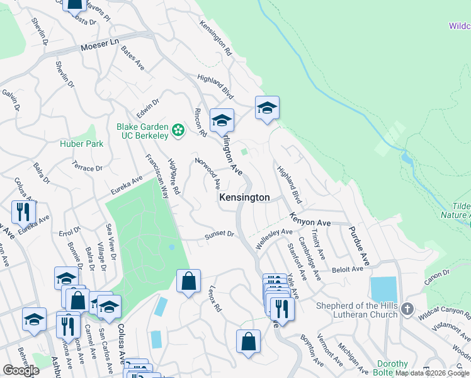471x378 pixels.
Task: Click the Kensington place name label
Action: (244, 198)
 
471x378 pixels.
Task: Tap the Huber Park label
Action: (82, 144)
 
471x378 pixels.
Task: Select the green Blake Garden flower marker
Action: (179, 130)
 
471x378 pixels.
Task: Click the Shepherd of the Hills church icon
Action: (407, 309)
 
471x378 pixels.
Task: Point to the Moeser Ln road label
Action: (99, 48)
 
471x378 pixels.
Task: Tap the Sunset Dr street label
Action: (219, 236)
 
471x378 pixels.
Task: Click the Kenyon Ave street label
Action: (310, 220)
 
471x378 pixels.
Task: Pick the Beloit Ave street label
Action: (349, 269)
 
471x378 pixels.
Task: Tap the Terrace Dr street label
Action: (87, 168)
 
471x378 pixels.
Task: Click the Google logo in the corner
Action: (21, 370)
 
